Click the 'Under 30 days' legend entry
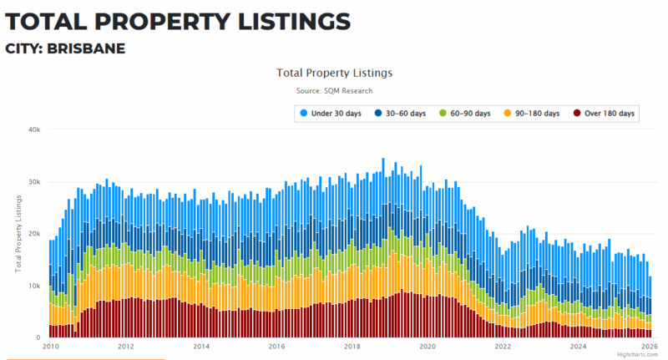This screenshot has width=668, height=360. click(x=331, y=113)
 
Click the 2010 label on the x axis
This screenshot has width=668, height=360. click(x=50, y=346)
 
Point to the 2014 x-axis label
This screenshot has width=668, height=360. click(x=201, y=346)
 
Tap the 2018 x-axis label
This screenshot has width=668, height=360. click(x=352, y=346)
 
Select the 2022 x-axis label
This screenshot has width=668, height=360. click(x=503, y=346)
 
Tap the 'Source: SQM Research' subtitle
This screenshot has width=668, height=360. click(x=334, y=90)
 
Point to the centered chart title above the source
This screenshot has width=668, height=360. click(x=334, y=73)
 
